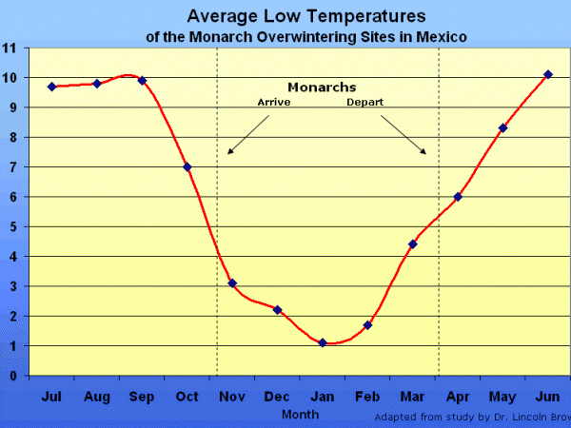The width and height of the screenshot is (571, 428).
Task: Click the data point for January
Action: [322, 342]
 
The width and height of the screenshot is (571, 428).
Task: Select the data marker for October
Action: [187, 166]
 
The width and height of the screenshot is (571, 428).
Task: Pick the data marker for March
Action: [412, 244]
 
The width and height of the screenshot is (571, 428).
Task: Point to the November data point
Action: [232, 282]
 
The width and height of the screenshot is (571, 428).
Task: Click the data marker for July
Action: [51, 86]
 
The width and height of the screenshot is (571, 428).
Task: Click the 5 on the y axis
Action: [12, 226]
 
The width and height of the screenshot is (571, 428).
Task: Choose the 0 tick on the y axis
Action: [12, 376]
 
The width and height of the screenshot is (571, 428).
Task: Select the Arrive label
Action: [275, 102]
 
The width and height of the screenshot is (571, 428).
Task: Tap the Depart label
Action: [364, 102]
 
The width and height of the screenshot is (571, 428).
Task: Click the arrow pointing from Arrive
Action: [246, 135]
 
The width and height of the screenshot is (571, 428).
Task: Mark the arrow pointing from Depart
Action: [404, 135]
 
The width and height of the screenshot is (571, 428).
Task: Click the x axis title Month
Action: [300, 415]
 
